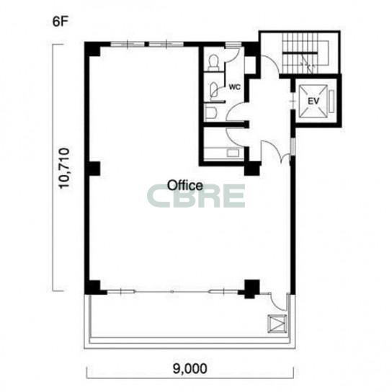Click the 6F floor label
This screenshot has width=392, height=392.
[61, 22]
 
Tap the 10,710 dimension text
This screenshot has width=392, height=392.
[63, 168]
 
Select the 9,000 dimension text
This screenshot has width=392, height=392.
[190, 368]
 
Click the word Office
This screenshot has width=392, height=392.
[185, 185]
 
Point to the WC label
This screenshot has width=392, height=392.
[235, 87]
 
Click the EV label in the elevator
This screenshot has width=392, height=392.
[313, 102]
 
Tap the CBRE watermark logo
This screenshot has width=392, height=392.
[196, 196]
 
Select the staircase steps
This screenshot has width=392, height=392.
[300, 53]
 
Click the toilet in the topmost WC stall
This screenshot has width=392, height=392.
[213, 63]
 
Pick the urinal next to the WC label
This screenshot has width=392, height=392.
[214, 89]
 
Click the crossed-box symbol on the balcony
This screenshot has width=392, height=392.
[277, 324]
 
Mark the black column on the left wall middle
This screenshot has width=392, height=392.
[94, 169]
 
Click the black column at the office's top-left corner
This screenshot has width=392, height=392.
[92, 49]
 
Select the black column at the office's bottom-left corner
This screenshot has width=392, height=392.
[92, 287]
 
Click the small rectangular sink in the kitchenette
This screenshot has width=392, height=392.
[233, 153]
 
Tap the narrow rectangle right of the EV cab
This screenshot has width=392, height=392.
[331, 102]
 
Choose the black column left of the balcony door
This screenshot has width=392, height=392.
[251, 289]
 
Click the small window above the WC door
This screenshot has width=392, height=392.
[233, 45]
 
